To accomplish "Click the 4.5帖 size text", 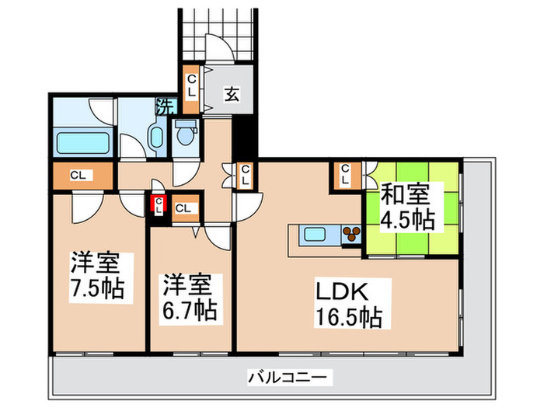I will (x=406, y=219).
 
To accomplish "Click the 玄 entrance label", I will (x=232, y=94).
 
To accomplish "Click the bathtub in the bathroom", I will (x=82, y=143).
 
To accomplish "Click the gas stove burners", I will (x=350, y=234).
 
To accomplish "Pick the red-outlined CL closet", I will (x=159, y=205).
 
